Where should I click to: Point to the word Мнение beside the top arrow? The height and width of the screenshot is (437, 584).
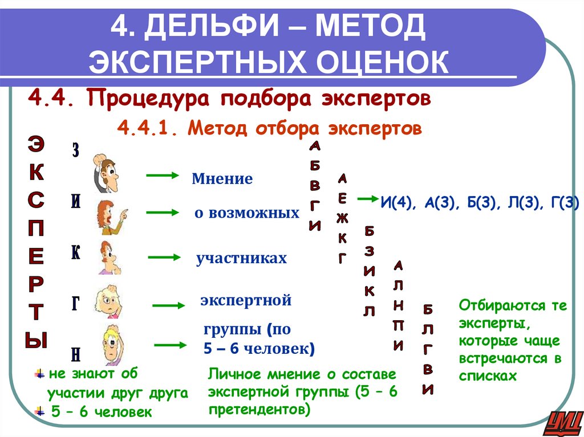(222, 179)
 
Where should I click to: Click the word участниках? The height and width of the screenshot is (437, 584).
(241, 259)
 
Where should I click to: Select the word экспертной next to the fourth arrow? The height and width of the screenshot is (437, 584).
(246, 300)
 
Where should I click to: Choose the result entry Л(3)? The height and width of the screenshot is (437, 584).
(517, 202)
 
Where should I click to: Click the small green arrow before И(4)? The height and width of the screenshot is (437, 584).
(364, 199)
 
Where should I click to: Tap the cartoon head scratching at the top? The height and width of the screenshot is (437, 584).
(106, 172)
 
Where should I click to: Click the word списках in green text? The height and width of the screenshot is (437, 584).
(488, 376)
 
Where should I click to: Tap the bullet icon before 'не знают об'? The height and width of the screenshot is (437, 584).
(39, 374)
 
